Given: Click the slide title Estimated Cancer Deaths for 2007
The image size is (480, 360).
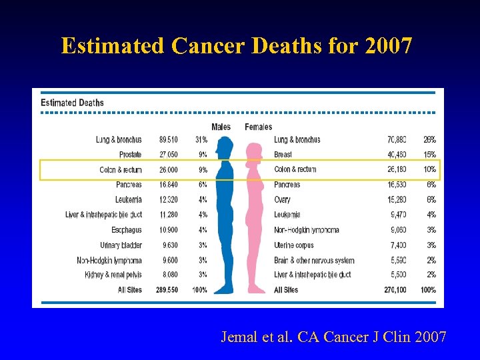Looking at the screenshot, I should [237, 46].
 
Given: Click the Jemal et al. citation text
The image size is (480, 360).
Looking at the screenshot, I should [333, 337].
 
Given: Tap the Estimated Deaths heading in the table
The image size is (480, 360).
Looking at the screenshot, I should [72, 103].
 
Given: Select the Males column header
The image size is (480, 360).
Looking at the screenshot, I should [221, 127].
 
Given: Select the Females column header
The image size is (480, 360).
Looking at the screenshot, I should [258, 127].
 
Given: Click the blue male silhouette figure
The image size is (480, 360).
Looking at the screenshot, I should [224, 213].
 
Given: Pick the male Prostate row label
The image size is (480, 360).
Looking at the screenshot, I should [130, 155].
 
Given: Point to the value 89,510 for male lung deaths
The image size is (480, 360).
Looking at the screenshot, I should [168, 140].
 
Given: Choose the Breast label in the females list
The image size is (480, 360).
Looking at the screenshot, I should [283, 155].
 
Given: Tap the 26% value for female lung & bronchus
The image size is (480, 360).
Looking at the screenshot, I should [429, 140].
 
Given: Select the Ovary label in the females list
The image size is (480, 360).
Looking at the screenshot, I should [283, 199].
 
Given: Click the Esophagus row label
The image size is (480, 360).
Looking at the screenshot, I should [127, 230].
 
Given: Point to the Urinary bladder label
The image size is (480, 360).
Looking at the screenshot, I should [121, 245].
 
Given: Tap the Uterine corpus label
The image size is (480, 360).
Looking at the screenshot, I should [294, 245].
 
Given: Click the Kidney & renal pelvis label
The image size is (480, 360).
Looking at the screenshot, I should [113, 275].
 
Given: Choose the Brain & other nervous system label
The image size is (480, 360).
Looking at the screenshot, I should [314, 260].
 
